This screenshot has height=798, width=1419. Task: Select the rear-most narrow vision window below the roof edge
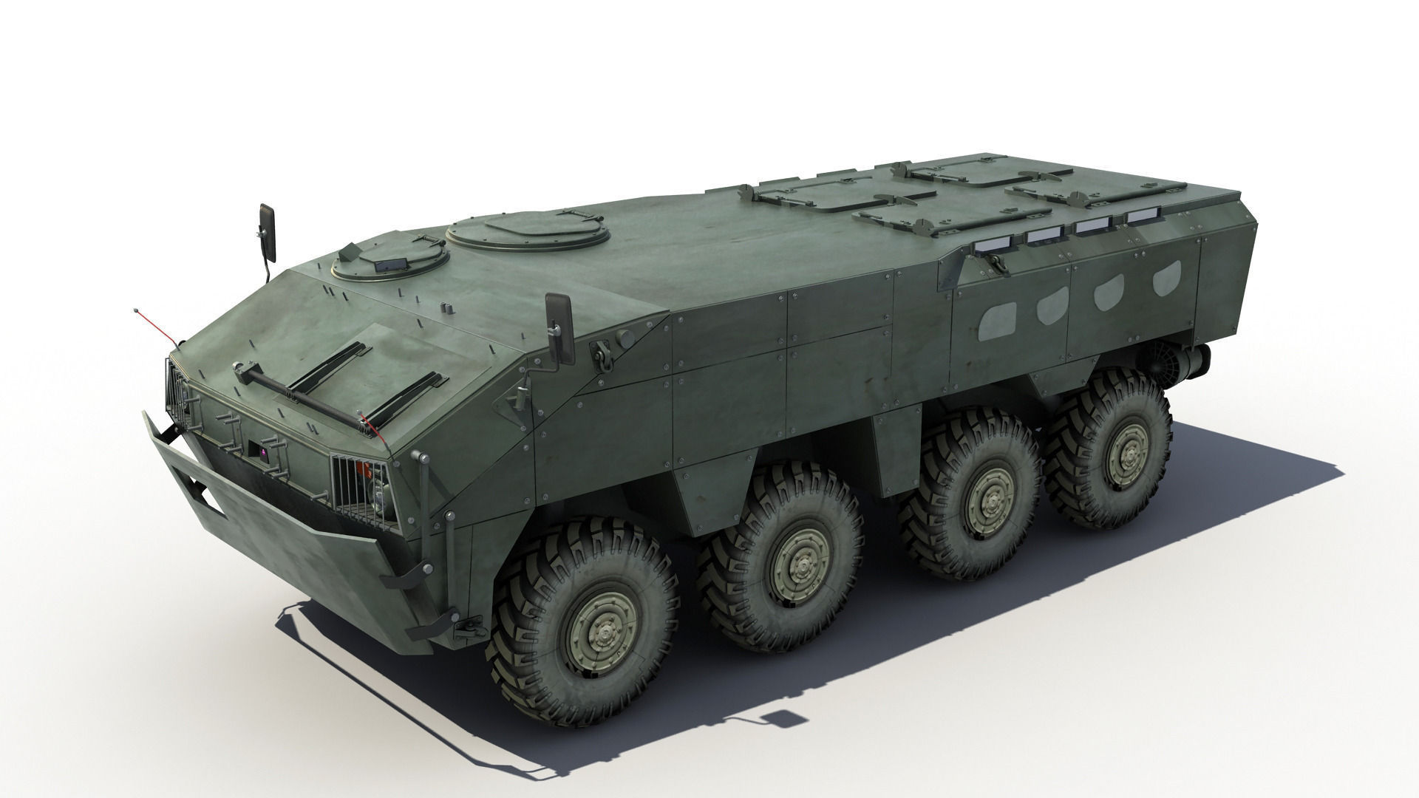1143,216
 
